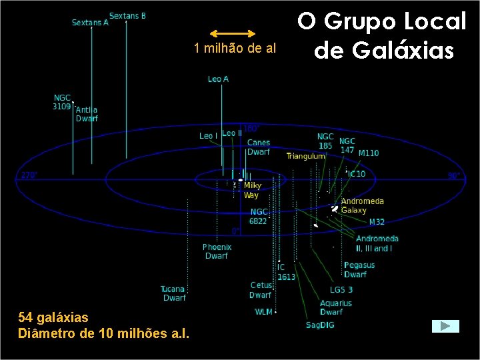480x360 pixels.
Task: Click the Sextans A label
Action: click(x=89, y=23)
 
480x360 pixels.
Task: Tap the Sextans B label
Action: click(x=127, y=16)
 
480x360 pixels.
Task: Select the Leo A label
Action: click(x=218, y=79)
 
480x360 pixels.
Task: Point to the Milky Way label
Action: click(x=251, y=191)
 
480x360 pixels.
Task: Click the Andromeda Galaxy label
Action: click(x=362, y=205)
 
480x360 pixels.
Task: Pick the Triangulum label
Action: click(x=305, y=156)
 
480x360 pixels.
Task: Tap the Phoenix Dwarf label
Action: click(x=216, y=251)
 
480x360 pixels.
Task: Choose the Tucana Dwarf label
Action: click(x=173, y=293)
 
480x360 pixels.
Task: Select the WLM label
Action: click(x=263, y=312)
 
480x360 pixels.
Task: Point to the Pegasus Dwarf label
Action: click(x=359, y=269)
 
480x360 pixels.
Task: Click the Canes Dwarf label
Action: click(x=258, y=147)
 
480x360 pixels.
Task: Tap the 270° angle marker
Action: click(x=29, y=175)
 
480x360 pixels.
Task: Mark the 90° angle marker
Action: click(x=453, y=176)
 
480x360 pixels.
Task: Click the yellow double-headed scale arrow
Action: click(x=233, y=33)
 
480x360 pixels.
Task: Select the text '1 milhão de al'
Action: click(x=235, y=48)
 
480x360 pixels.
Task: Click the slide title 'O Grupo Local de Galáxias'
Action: click(x=382, y=35)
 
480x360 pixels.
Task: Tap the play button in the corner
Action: click(x=445, y=326)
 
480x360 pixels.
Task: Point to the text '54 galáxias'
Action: click(x=53, y=317)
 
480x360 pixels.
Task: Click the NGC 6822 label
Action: click(x=258, y=216)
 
